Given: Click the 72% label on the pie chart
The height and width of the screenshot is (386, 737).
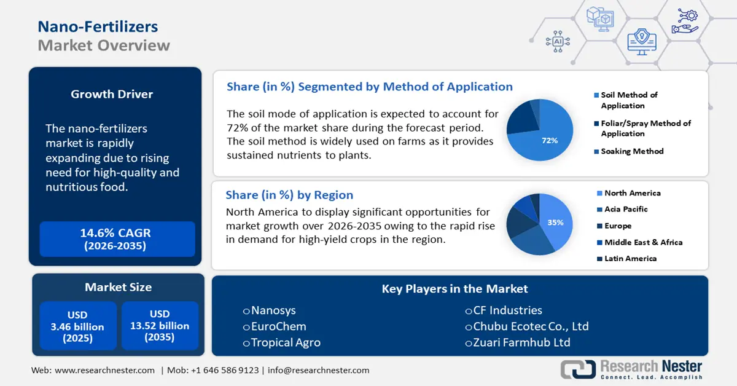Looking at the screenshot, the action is [x=550, y=141].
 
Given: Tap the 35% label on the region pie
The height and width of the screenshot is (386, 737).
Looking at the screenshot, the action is [x=555, y=223].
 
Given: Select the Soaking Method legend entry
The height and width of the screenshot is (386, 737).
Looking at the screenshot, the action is [x=629, y=151].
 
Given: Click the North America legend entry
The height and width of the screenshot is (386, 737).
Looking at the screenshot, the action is [x=629, y=193].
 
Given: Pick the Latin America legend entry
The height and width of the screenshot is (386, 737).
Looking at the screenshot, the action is [x=627, y=259].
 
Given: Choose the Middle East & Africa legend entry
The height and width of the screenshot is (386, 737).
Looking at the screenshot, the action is [x=639, y=242].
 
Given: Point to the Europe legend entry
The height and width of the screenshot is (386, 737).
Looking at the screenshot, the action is [x=614, y=226].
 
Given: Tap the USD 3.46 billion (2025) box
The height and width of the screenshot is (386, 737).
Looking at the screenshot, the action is [x=78, y=326].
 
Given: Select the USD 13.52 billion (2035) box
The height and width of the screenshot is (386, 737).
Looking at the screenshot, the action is [x=160, y=325].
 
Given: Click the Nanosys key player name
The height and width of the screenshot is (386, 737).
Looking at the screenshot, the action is [x=273, y=310].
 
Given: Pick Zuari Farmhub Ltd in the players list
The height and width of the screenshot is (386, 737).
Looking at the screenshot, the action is [x=521, y=342].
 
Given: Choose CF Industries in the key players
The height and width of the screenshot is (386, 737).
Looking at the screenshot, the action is [x=507, y=310].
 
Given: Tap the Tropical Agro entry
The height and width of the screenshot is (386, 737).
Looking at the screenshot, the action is [x=286, y=342].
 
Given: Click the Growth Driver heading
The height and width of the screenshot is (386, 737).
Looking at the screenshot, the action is [x=112, y=94].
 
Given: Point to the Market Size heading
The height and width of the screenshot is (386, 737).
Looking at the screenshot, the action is [x=118, y=287].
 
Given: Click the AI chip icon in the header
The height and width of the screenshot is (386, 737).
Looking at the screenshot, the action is [x=558, y=42].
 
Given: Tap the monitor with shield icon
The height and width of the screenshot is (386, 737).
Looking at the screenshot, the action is [x=642, y=42].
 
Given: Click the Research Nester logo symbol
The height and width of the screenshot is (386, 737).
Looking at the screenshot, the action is [x=578, y=369].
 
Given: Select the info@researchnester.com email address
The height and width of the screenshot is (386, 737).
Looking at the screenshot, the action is [x=318, y=370].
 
